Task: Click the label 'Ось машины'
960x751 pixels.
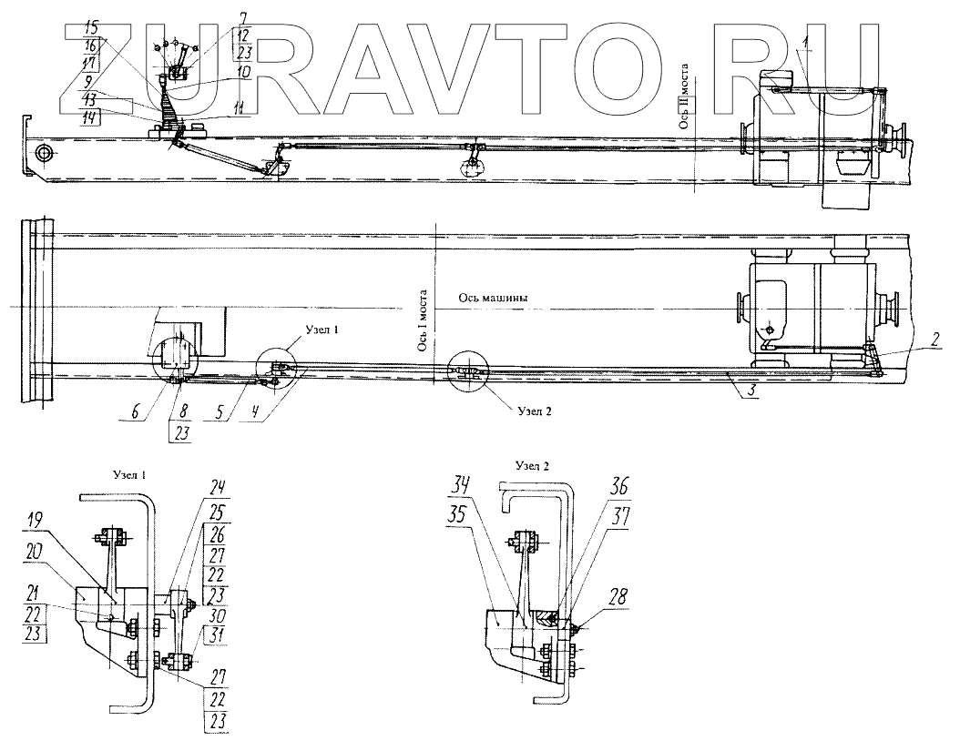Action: coord(493,299)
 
